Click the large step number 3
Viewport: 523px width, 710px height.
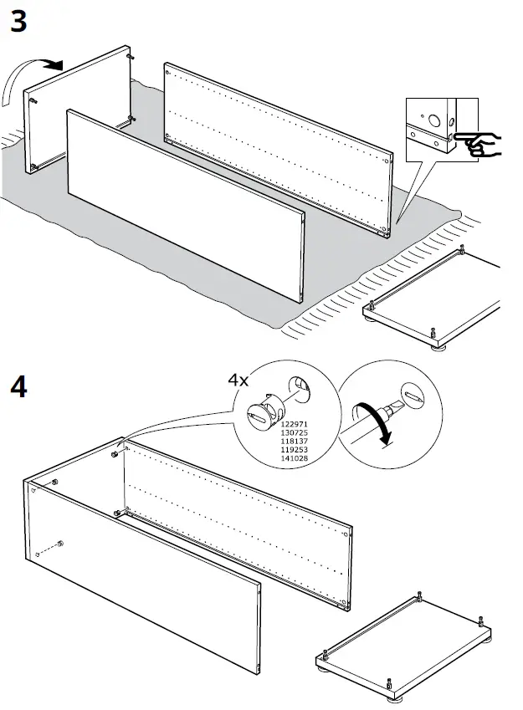point(18,22)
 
